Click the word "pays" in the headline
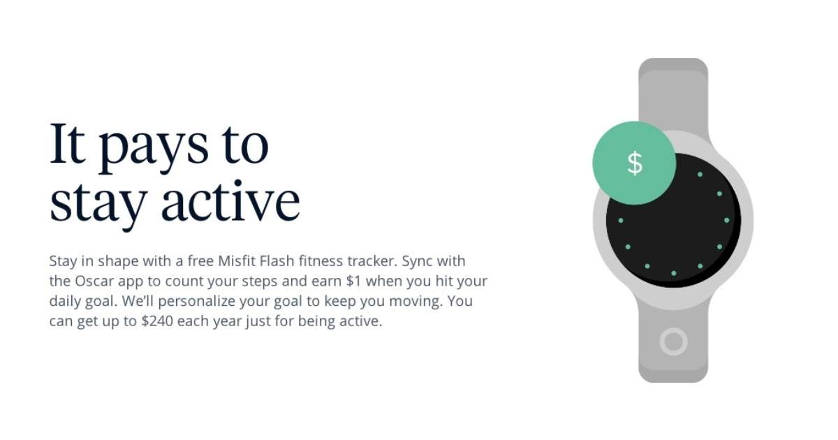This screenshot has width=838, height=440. tap(154, 148)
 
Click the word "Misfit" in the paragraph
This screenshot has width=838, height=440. tap(237, 261)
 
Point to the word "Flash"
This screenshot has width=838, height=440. tap(277, 261)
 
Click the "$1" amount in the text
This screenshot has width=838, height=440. tap(353, 281)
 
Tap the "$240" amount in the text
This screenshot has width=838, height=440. tap(158, 321)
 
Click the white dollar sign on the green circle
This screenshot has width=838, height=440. tap(635, 163)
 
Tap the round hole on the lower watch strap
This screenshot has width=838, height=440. tap(673, 342)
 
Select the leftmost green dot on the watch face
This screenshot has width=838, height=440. tap(621, 221)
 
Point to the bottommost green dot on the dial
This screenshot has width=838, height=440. tap(674, 273)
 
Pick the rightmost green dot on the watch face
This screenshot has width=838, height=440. tap(726, 221)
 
